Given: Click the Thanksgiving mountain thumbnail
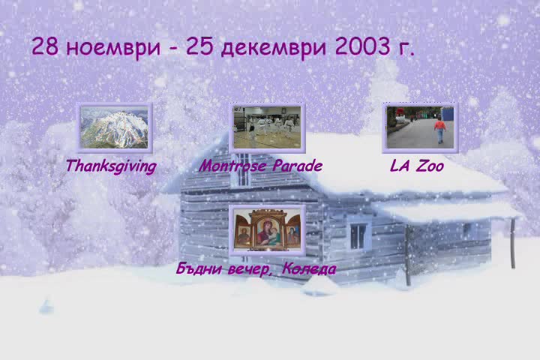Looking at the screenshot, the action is pyautogui.click(x=114, y=127).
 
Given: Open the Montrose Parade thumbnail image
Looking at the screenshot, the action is pyautogui.click(x=267, y=127).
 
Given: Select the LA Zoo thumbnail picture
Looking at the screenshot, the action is pyautogui.click(x=420, y=127).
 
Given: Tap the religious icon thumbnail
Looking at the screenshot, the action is pyautogui.click(x=267, y=230).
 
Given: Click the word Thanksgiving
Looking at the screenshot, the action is pyautogui.click(x=111, y=166).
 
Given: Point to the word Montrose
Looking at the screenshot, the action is pyautogui.click(x=232, y=166).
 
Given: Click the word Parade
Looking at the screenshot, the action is pyautogui.click(x=298, y=166).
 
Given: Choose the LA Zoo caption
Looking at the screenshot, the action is pyautogui.click(x=417, y=166).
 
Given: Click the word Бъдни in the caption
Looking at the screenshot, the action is pyautogui.click(x=199, y=268).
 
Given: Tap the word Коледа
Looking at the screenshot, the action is pyautogui.click(x=309, y=268).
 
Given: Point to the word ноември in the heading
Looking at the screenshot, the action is pyautogui.click(x=113, y=47).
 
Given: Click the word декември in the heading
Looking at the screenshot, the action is pyautogui.click(x=274, y=46).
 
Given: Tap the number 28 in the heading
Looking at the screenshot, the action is pyautogui.click(x=45, y=46).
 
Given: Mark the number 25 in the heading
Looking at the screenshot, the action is pyautogui.click(x=199, y=46).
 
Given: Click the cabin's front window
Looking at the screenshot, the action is pyautogui.click(x=358, y=236).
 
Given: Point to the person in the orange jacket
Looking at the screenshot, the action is pyautogui.click(x=439, y=130).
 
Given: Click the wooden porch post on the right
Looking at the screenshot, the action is pyautogui.click(x=513, y=244).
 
